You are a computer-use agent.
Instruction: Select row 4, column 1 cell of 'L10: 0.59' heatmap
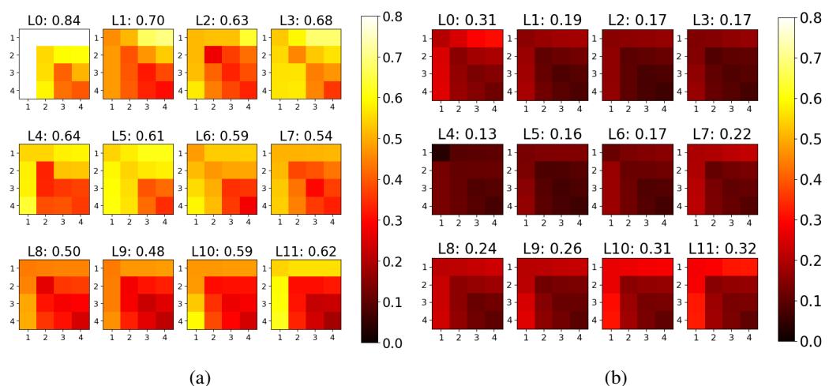[194, 320]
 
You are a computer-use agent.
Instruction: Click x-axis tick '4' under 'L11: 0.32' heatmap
[746, 335]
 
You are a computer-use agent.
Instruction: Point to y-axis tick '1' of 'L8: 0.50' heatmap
[10, 268]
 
